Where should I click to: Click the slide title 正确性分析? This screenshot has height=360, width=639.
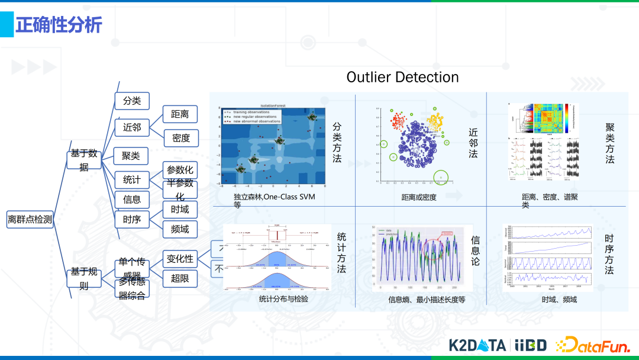59,25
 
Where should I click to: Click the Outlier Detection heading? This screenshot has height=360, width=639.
402,77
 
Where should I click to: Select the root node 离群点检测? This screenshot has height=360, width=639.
30,220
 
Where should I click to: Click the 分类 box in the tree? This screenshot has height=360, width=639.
131,101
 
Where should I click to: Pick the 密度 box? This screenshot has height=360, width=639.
180,138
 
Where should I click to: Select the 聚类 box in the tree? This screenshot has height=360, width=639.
131,156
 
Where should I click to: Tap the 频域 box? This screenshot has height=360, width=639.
180,229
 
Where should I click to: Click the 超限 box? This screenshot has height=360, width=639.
180,277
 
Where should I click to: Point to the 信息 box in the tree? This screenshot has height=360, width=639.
131,200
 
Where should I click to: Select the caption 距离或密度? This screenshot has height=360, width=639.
419,197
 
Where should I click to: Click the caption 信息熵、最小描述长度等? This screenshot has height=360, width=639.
427,300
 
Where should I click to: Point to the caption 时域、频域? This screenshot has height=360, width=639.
559,300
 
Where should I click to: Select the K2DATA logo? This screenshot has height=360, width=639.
477,345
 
